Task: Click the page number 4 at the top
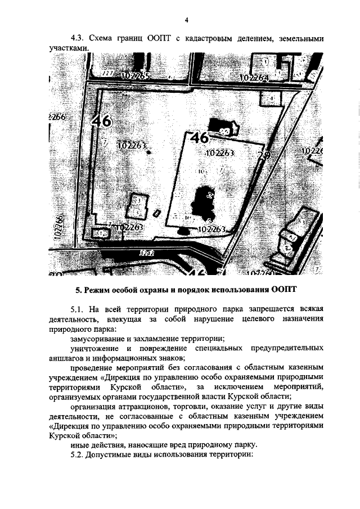pos(186,20)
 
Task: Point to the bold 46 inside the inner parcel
pos(200,137)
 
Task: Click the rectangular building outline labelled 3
pos(137,206)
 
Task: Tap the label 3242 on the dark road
pos(147,254)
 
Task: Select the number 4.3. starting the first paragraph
pos(78,38)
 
